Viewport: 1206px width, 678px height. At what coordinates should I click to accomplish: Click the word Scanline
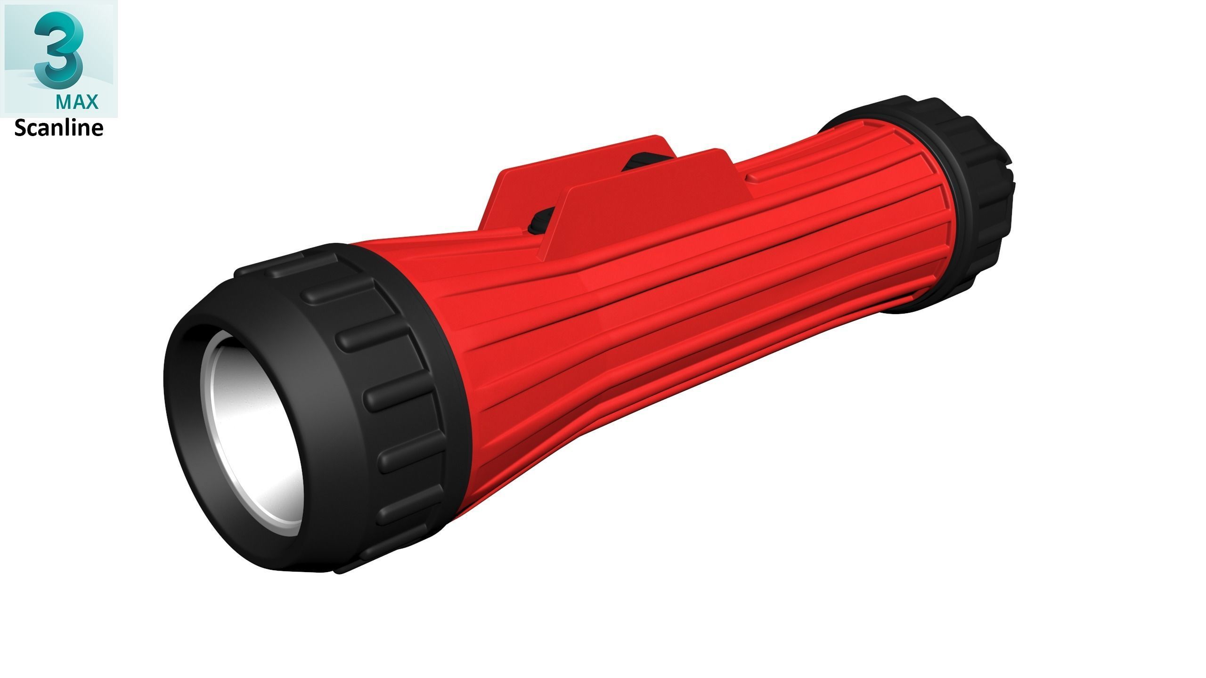pos(59,129)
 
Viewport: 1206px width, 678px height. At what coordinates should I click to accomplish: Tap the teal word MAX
pos(77,102)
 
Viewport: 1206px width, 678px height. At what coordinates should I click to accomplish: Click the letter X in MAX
pos(92,102)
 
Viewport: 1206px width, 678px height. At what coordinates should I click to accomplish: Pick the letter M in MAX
pos(63,102)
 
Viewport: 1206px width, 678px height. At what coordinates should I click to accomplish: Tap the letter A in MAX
pos(78,102)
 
